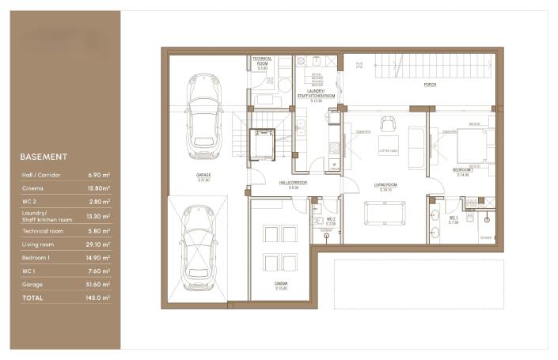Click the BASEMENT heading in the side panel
tap(44, 157)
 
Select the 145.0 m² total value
tap(99, 298)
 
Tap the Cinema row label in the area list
tap(33, 188)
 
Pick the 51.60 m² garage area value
tap(99, 284)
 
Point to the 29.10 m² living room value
tap(99, 245)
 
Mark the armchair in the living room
tap(387, 123)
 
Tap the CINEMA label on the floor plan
tap(281, 284)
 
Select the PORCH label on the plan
tap(430, 84)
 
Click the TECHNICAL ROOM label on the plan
tap(262, 61)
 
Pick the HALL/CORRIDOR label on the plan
tap(293, 183)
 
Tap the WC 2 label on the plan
tap(332, 220)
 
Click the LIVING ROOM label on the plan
tap(385, 187)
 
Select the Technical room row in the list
tap(44, 230)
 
